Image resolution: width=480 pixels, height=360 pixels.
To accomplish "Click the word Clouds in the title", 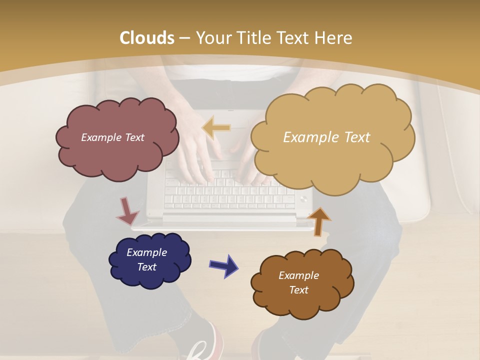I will point(146,38).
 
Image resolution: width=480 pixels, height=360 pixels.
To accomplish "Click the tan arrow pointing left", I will point(216,128).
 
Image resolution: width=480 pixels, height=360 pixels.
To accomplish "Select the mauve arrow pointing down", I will point(127,211).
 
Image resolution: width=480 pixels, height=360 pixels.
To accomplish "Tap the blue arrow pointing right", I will point(224,265).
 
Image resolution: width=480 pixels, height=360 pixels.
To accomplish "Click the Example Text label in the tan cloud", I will point(326,137).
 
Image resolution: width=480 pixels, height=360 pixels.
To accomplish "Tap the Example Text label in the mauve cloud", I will point(112,137).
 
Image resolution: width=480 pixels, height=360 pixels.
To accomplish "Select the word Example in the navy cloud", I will point(146,252).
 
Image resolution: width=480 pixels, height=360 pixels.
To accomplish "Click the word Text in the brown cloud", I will point(298,290).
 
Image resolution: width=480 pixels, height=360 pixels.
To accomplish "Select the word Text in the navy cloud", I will point(146,267).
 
